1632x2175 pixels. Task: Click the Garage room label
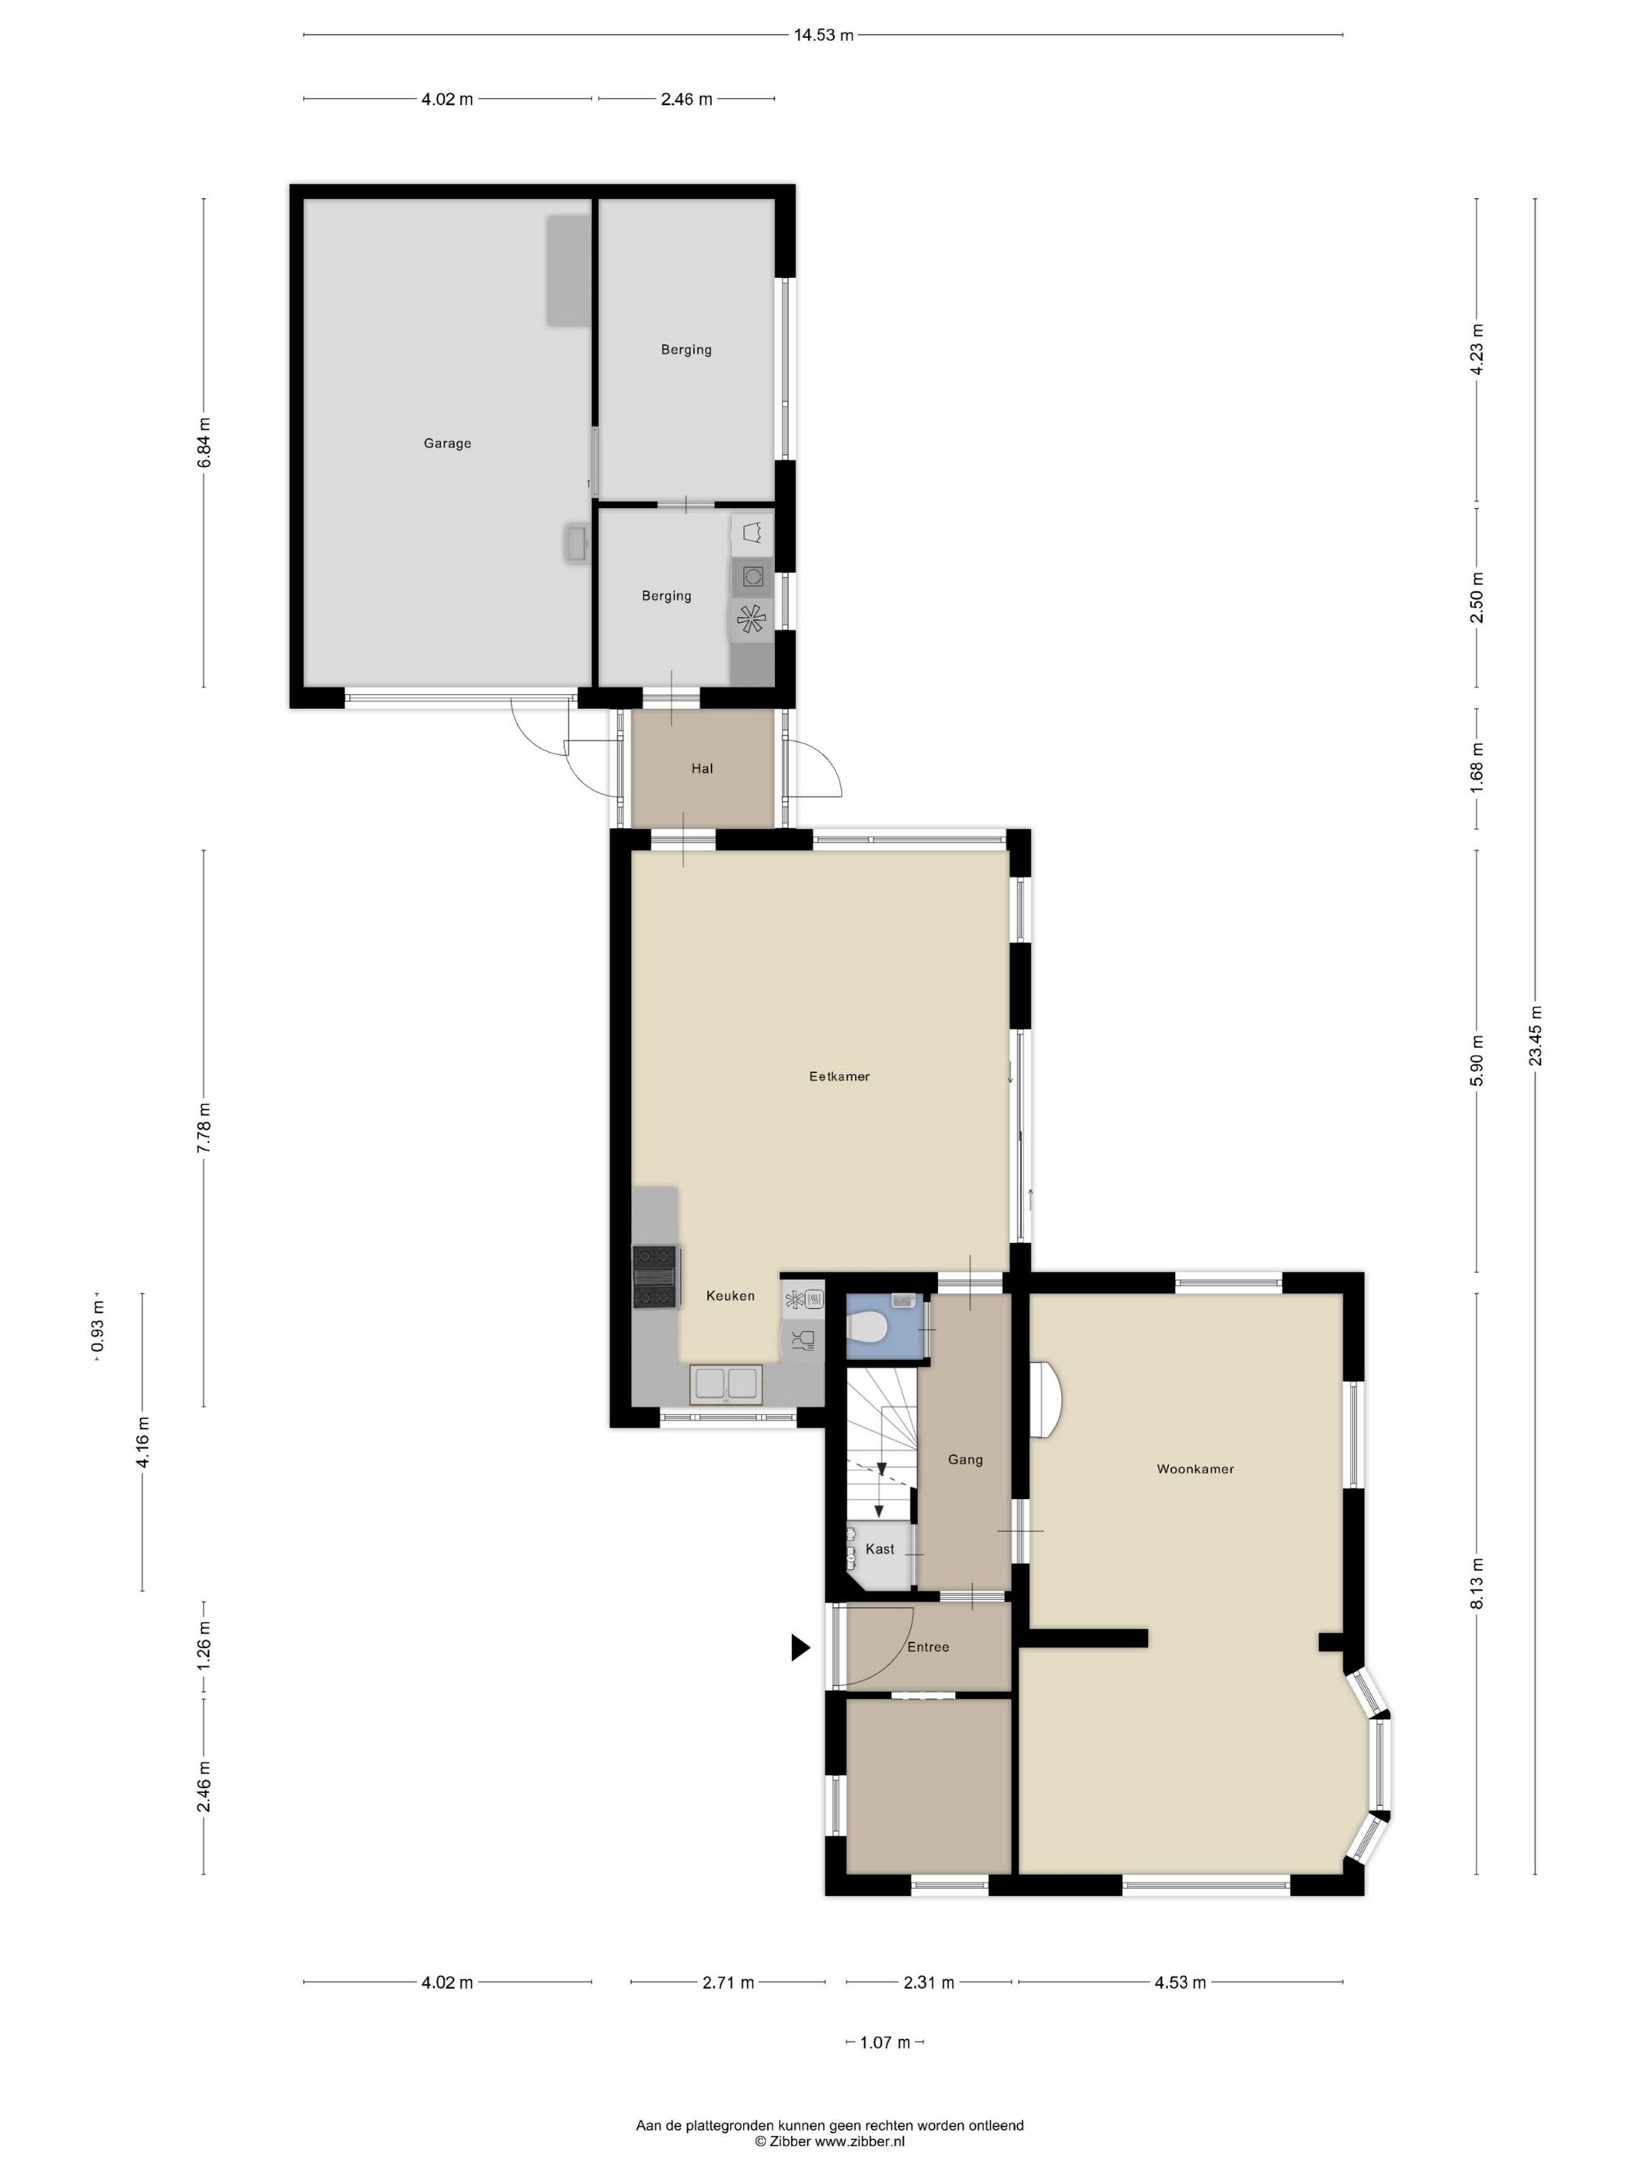448,444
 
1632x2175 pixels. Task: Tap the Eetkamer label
839,1077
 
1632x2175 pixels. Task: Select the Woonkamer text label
1195,1469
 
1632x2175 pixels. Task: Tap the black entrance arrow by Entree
800,1647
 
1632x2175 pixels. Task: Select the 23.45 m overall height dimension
1535,1036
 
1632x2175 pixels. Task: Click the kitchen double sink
726,1383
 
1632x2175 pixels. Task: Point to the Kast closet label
880,1549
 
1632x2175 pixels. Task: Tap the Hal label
703,769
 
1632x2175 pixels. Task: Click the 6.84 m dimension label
204,444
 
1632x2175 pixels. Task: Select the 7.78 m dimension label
204,1129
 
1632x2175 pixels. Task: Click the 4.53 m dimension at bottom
1180,1982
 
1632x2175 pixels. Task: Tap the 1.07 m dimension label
885,2042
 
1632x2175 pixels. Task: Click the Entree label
928,1647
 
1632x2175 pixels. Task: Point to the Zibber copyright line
829,2142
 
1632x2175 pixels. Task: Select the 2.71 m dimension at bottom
728,1982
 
